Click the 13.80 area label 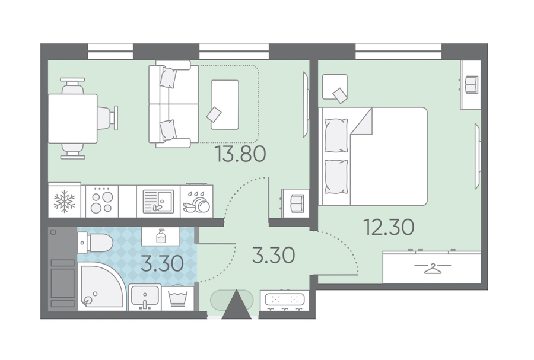240,154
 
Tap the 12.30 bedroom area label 389,227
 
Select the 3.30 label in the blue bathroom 162,264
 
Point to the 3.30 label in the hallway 274,255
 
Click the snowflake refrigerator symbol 64,201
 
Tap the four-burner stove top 101,202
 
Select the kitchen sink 158,202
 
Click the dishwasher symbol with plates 196,202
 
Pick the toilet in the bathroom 95,243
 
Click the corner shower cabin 102,286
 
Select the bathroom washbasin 144,297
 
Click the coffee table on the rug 225,104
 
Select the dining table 73,119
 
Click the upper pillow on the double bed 336,135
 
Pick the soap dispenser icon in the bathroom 161,236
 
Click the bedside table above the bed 335,87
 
